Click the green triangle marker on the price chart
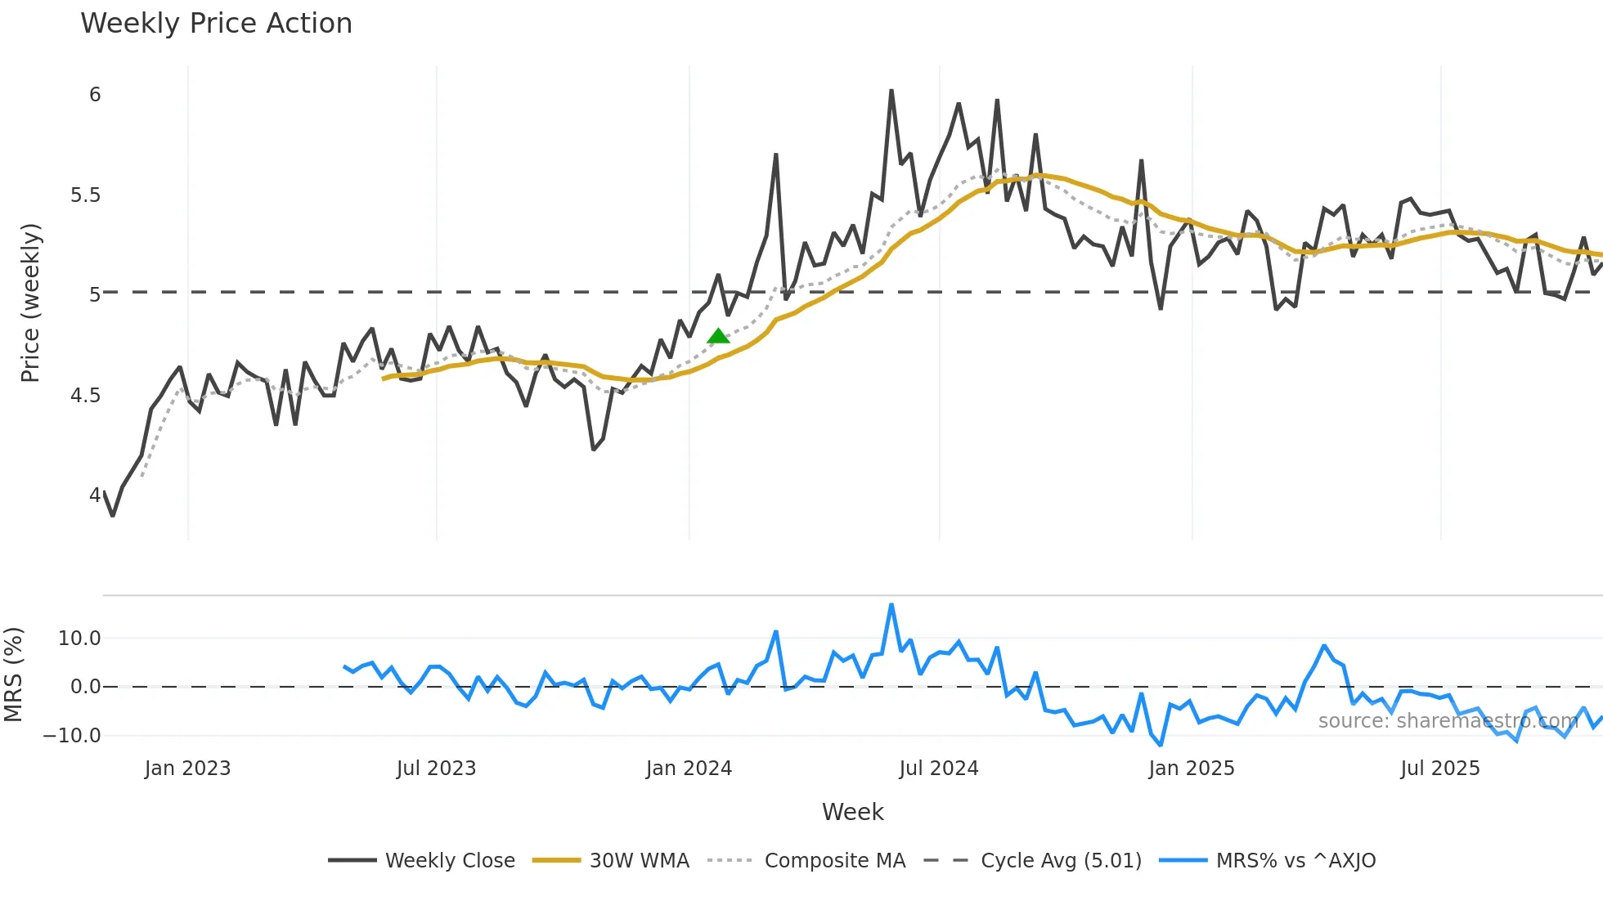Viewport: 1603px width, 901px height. coord(718,336)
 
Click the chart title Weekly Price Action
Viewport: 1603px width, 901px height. coord(216,24)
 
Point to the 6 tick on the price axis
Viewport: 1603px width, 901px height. coord(95,95)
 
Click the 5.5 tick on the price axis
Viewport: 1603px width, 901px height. coord(85,195)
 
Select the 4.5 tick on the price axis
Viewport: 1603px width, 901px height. coord(85,396)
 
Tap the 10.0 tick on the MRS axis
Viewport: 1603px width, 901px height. coord(79,639)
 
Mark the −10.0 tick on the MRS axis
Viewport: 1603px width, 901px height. coord(72,736)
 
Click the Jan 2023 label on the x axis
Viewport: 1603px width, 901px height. coord(187,769)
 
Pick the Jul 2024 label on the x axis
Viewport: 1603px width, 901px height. coord(939,769)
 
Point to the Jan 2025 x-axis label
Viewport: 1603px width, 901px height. coord(1191,769)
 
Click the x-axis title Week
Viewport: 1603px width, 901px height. coord(852,812)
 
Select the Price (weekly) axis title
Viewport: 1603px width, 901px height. coord(30,303)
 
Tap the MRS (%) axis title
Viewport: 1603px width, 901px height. coord(13,675)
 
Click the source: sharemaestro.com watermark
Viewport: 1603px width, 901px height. coord(1448,721)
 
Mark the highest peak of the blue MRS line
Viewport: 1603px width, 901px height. coord(891,605)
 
